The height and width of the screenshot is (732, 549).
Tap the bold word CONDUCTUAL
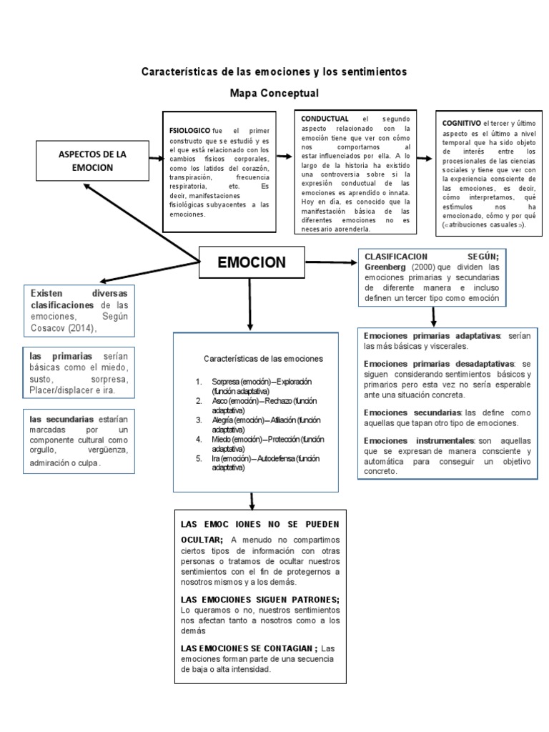[325, 119]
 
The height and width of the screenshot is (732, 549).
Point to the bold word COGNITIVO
[462, 123]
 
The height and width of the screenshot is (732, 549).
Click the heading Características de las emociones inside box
[263, 357]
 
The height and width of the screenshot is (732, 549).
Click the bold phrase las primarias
[61, 356]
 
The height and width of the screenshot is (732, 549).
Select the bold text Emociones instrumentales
[418, 440]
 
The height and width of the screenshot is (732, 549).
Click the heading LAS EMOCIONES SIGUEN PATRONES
[260, 599]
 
